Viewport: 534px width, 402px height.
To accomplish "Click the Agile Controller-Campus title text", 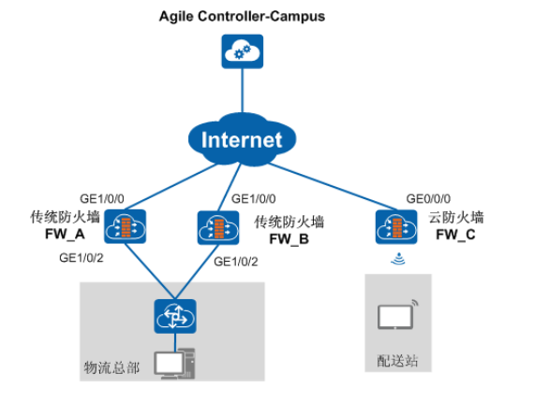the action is tap(242, 16).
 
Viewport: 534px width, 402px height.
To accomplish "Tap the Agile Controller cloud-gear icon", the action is tap(242, 51).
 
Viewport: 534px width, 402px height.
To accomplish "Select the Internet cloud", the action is tap(242, 139).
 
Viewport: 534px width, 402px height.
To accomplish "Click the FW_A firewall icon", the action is tap(125, 226).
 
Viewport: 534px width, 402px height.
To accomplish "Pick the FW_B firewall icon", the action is tap(218, 228).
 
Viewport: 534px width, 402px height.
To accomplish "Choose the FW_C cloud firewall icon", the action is tap(396, 226).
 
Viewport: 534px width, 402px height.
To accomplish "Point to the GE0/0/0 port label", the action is tap(428, 198).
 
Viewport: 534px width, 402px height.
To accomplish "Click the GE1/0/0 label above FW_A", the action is tap(102, 198).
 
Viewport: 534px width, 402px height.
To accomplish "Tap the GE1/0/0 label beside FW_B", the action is tap(253, 199).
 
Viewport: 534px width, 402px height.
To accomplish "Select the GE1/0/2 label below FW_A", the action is tap(82, 258).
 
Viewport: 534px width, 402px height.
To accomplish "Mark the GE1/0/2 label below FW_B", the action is tap(236, 262).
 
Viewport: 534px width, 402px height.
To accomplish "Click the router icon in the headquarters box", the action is tap(175, 316).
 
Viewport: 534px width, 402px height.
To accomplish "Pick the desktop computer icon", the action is tap(174, 364).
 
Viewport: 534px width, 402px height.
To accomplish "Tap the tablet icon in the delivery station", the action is tap(397, 315).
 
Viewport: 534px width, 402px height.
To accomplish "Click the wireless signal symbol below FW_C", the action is tap(398, 259).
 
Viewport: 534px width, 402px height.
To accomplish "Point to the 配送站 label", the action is tap(397, 361).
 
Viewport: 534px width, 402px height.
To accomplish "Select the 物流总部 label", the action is tap(111, 367).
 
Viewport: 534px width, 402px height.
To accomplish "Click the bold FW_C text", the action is tap(455, 235).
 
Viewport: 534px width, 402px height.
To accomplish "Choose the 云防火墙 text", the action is tap(456, 218).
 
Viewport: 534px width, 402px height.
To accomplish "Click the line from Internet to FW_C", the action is tap(333, 186).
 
